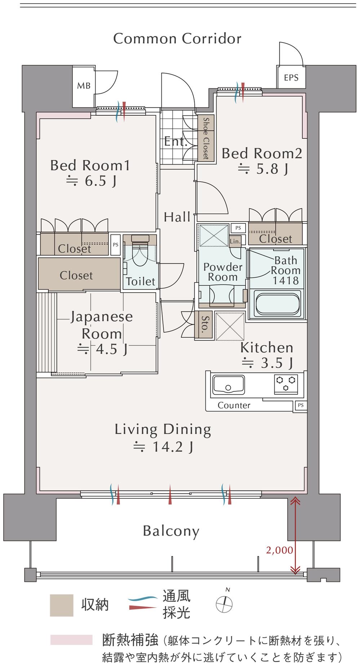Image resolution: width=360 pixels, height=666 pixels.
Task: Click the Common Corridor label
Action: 177,39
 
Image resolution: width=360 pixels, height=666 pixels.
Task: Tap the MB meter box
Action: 84,86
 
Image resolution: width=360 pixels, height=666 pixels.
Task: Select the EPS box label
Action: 291,77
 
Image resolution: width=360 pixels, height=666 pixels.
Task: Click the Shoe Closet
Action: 206,138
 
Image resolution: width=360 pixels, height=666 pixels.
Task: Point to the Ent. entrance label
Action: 176,141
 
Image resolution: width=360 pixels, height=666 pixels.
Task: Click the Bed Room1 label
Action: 90,165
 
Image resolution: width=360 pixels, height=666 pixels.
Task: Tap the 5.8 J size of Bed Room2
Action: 263,169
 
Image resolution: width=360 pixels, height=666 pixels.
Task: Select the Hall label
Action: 177,217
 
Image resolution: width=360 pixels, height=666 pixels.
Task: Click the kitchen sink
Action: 228,385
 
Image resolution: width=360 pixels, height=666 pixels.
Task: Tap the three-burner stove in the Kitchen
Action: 286,384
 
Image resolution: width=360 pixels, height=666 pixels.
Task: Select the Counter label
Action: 234,405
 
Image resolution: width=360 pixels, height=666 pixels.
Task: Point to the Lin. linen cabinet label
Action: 235,241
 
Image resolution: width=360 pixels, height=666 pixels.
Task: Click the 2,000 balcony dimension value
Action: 280,550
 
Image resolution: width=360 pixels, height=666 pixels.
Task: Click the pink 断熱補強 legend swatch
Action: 71,640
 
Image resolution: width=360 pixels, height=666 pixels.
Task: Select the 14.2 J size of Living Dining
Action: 164,447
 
